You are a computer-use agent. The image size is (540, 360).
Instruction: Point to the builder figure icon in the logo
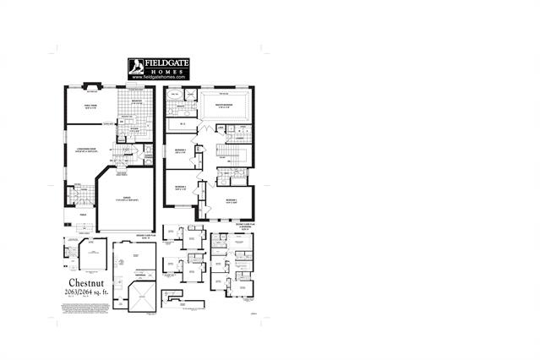coord(137,67)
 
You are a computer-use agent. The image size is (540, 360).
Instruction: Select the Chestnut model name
coord(88,281)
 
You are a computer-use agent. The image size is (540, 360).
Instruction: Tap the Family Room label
coord(90,106)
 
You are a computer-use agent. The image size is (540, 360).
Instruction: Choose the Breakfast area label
coord(138,101)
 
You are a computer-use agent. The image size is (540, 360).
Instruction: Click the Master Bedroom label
coord(223,106)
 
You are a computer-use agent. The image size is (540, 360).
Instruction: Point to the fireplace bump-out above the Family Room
coord(94,85)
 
